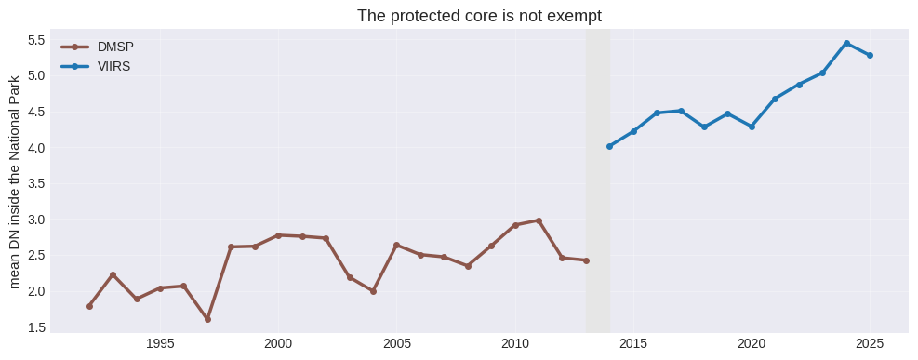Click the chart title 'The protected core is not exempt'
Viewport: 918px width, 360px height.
[x=479, y=16]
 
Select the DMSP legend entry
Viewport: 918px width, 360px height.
[x=97, y=47]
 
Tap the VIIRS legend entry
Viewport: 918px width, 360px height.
[x=96, y=67]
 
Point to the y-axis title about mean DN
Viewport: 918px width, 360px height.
[x=15, y=181]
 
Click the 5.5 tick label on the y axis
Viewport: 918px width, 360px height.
[x=37, y=40]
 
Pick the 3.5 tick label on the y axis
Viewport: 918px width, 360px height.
[x=37, y=184]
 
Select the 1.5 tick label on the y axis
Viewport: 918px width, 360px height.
[x=37, y=327]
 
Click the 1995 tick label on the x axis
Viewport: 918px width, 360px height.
[x=160, y=342]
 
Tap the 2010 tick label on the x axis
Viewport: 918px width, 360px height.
[x=515, y=342]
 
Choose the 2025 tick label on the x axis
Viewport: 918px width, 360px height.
[x=870, y=342]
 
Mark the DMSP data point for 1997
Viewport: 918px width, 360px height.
[x=207, y=319]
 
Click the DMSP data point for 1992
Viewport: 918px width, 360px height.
[x=89, y=306]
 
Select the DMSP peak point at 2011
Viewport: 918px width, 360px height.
[x=539, y=220]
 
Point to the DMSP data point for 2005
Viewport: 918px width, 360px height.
[x=397, y=246]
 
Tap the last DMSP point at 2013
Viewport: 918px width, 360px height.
[x=586, y=260]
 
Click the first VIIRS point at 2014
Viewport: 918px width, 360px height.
[x=609, y=146]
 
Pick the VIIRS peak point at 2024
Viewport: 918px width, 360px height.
[x=846, y=44]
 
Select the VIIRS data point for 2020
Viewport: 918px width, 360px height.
[x=752, y=127]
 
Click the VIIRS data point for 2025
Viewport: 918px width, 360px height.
[x=870, y=55]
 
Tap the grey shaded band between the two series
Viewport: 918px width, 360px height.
[x=598, y=180]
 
